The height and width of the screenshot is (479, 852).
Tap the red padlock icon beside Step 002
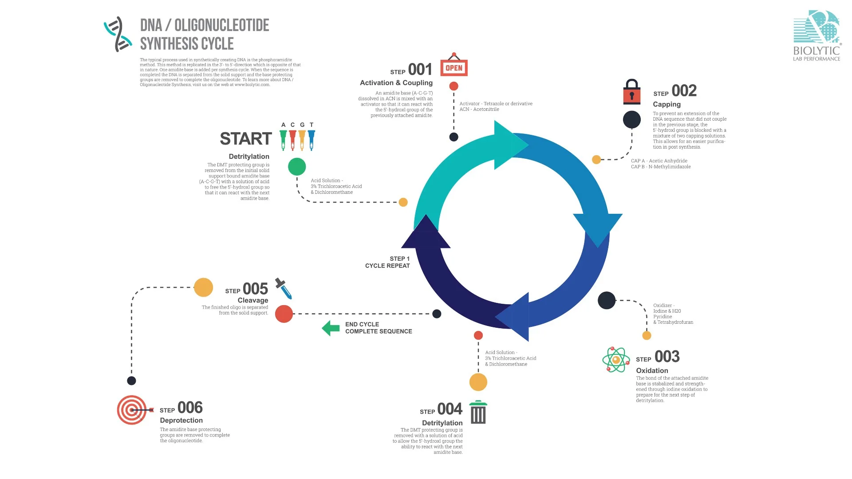click(x=631, y=92)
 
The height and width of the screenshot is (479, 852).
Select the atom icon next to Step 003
click(x=616, y=360)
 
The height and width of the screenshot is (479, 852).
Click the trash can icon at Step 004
click(x=478, y=412)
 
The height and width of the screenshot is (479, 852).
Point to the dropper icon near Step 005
click(x=284, y=288)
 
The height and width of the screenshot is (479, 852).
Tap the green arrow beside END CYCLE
click(x=331, y=328)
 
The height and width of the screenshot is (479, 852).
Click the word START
click(x=245, y=139)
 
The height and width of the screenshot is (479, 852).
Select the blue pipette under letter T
click(x=312, y=140)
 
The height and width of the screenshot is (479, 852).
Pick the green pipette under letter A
click(x=283, y=140)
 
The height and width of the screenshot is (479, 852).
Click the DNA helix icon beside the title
click(x=118, y=34)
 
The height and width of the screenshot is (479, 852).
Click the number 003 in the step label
click(x=667, y=357)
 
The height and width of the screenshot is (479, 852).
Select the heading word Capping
click(x=667, y=104)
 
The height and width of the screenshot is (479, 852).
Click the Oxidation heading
click(x=652, y=370)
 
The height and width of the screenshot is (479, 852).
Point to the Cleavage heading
click(x=253, y=300)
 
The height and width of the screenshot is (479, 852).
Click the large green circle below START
click(x=297, y=167)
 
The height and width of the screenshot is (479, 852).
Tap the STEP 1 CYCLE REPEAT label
click(x=387, y=262)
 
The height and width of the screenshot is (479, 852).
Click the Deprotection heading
click(x=181, y=420)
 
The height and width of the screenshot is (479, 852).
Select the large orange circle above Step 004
click(x=478, y=382)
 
